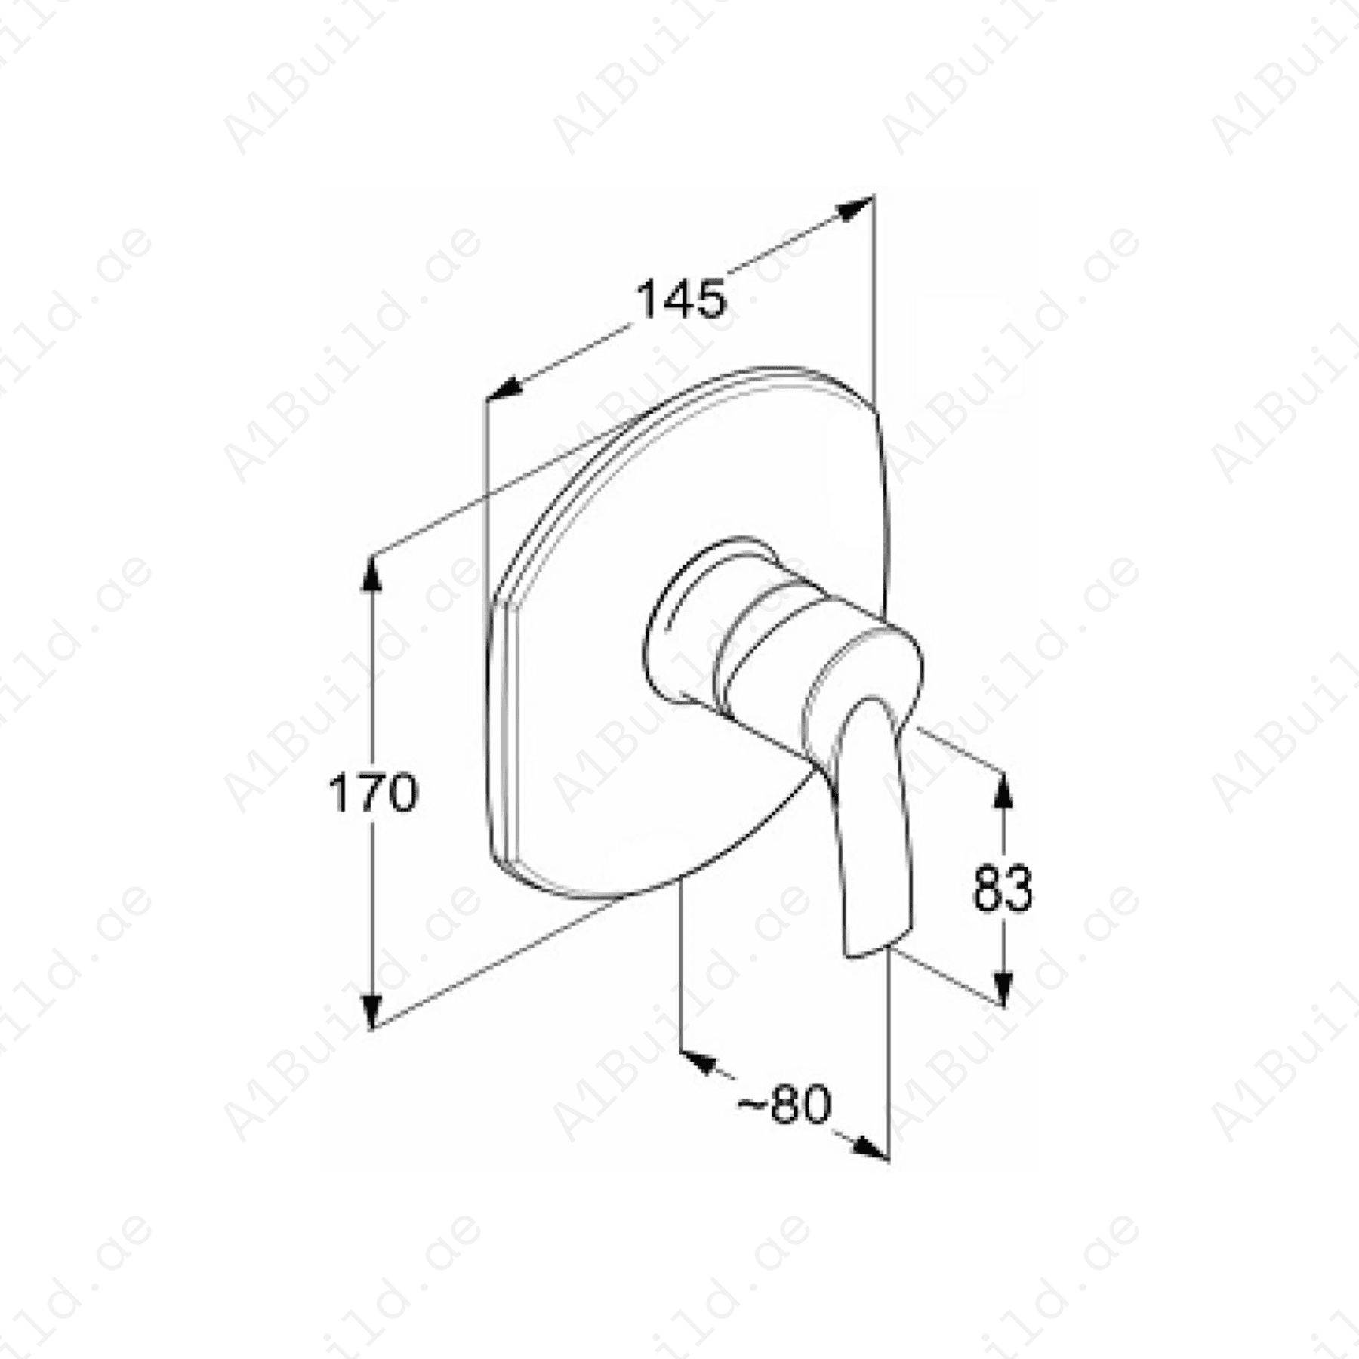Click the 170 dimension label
(373, 793)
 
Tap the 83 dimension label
(1003, 889)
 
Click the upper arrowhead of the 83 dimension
(1003, 790)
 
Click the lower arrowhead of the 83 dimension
(1003, 989)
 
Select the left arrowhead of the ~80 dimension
(699, 1061)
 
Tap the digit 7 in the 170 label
(373, 793)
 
